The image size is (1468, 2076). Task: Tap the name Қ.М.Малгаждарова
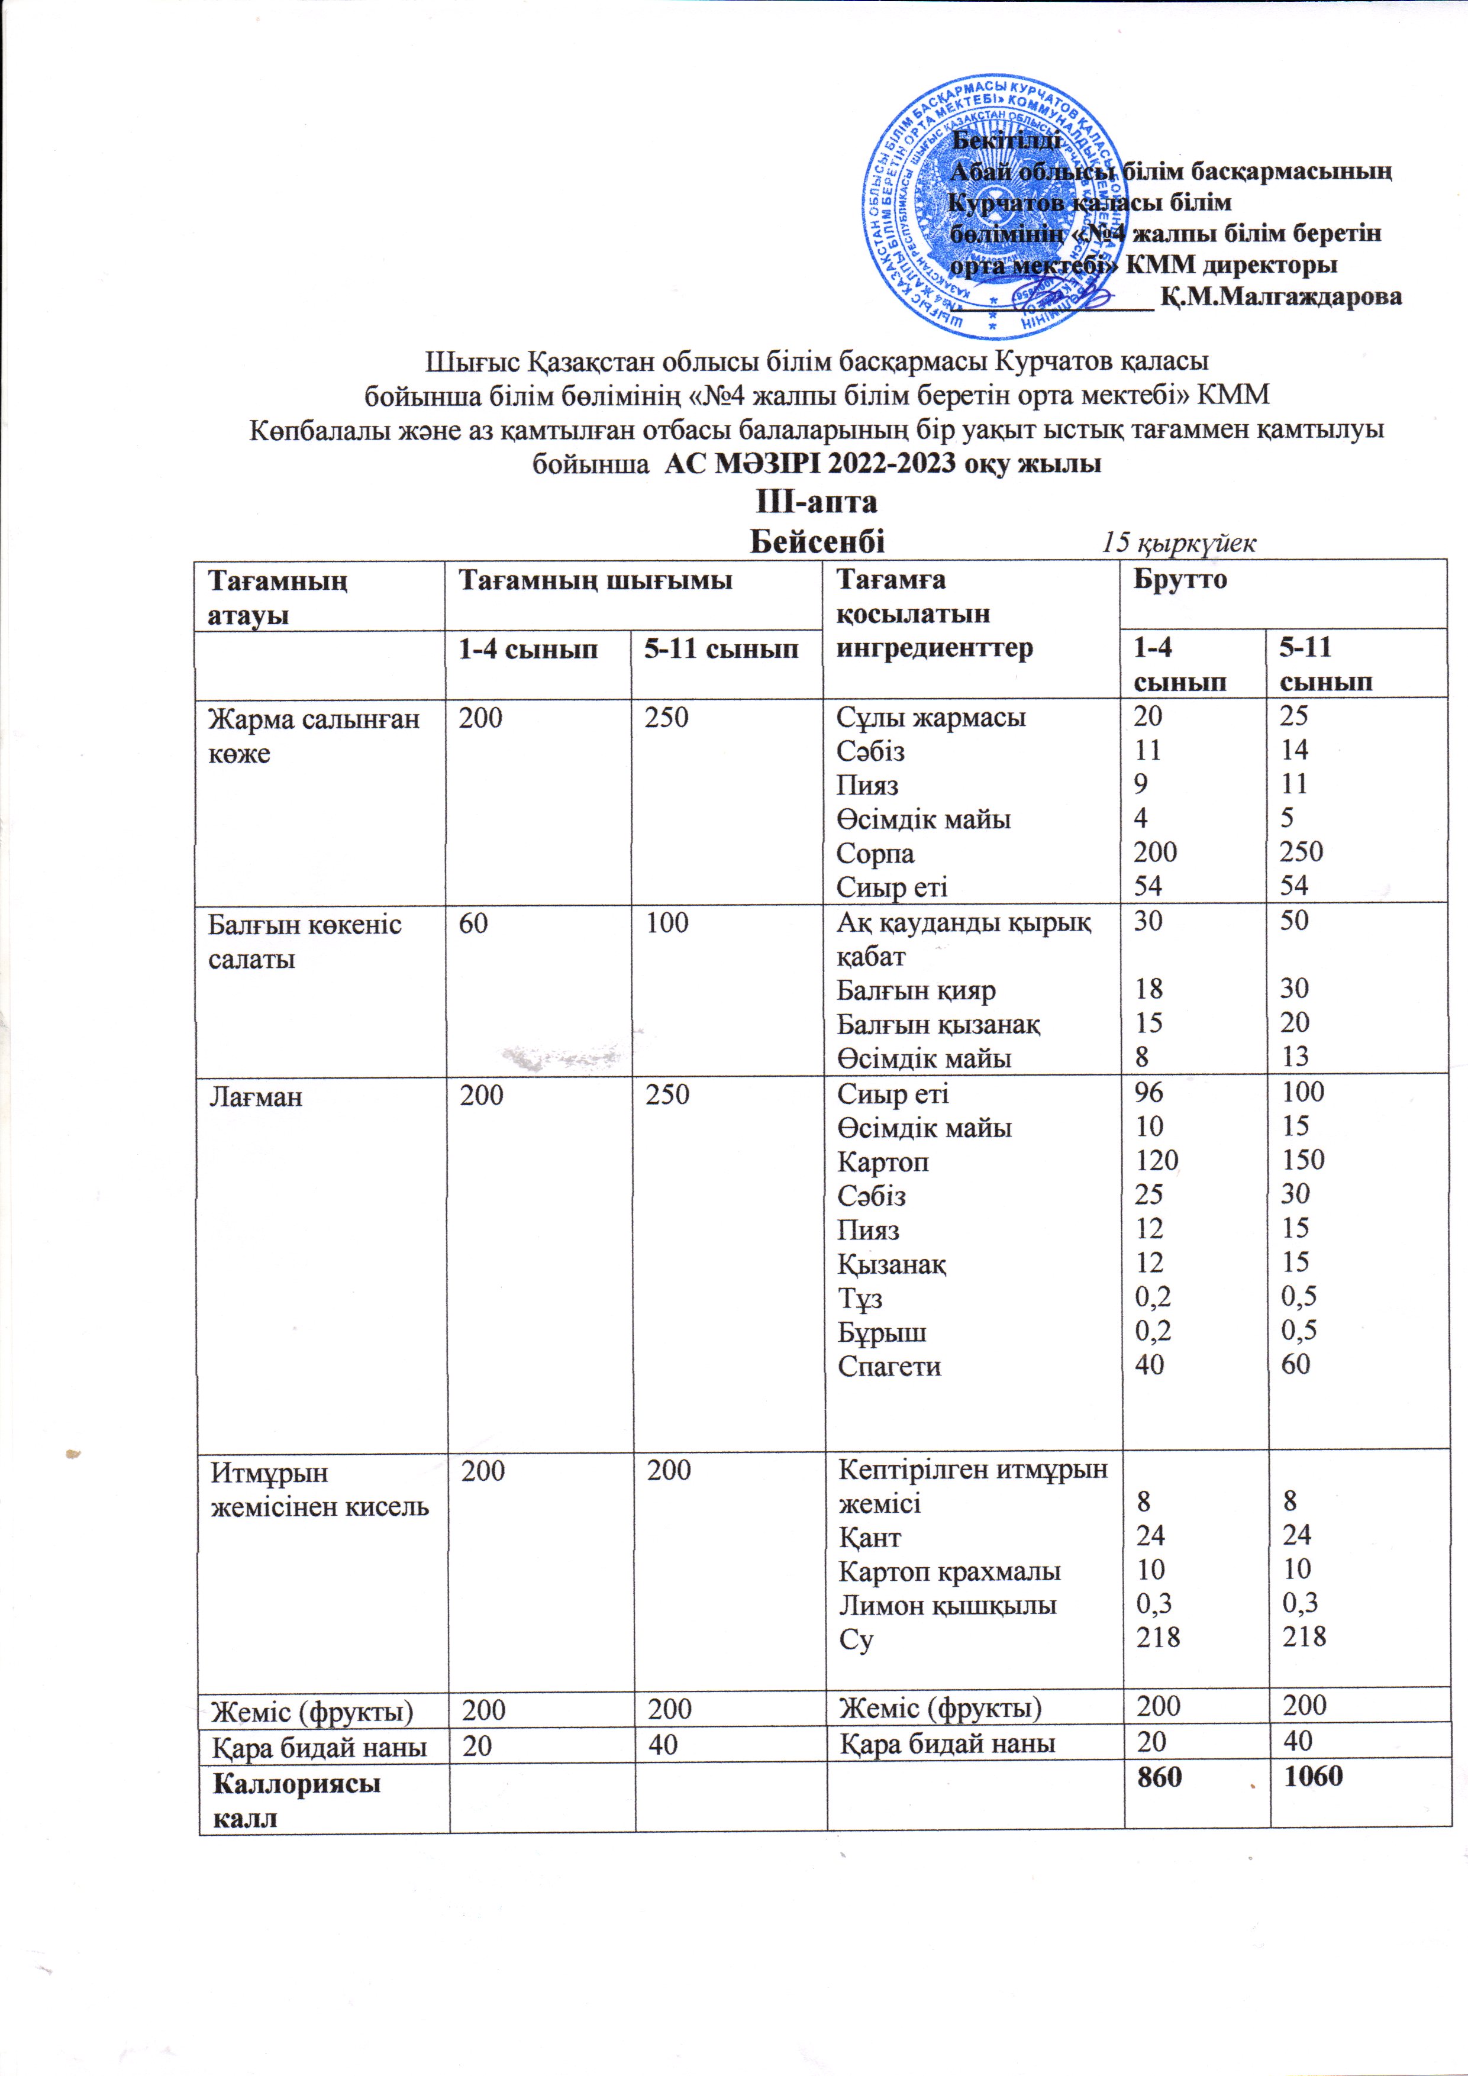[x=1282, y=296]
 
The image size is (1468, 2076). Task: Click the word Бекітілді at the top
[x=1006, y=140]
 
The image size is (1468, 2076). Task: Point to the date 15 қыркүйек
[x=1177, y=543]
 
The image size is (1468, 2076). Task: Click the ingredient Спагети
[x=889, y=1366]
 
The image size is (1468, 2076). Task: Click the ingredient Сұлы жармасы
[x=931, y=718]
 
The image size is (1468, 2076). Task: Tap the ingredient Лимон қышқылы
[x=947, y=1606]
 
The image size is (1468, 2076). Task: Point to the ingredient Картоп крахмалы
[x=949, y=1571]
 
